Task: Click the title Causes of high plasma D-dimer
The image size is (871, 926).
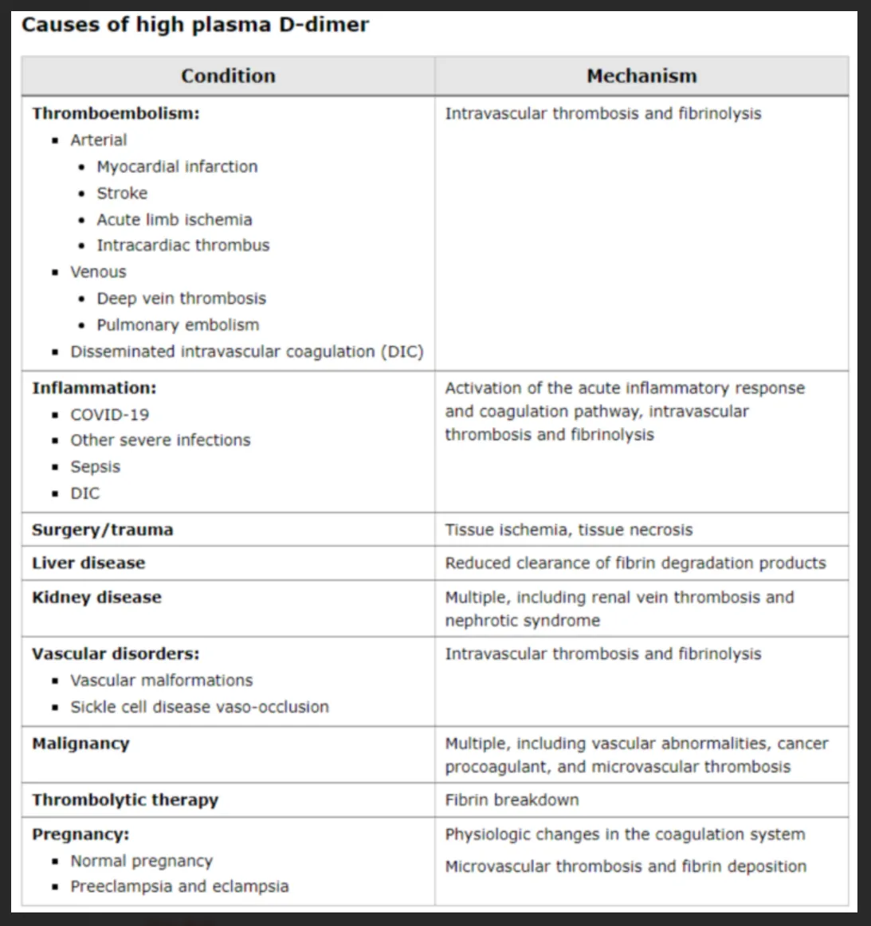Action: pyautogui.click(x=195, y=25)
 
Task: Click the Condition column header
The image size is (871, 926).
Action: pyautogui.click(x=228, y=77)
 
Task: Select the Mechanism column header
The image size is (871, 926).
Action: pyautogui.click(x=641, y=77)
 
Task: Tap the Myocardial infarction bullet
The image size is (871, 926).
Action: pyautogui.click(x=177, y=167)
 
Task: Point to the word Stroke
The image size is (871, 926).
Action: pyautogui.click(x=122, y=194)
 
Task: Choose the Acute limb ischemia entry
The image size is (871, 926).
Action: pyautogui.click(x=175, y=220)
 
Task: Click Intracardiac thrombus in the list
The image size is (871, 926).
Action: pyautogui.click(x=183, y=245)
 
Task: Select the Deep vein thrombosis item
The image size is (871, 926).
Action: pyautogui.click(x=182, y=299)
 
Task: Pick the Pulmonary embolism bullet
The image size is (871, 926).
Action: pyautogui.click(x=178, y=325)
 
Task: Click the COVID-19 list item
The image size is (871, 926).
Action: pyautogui.click(x=109, y=415)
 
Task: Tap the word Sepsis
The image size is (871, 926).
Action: pyautogui.click(x=96, y=467)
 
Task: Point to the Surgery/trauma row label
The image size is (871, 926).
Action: pyautogui.click(x=102, y=530)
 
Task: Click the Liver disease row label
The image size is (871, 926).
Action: pyautogui.click(x=88, y=563)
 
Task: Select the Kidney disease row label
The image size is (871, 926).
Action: pyautogui.click(x=96, y=598)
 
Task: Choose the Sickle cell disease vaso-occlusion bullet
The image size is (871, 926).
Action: pyautogui.click(x=199, y=707)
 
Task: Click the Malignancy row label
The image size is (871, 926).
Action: pyautogui.click(x=80, y=744)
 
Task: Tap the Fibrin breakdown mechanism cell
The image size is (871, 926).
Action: pyautogui.click(x=512, y=800)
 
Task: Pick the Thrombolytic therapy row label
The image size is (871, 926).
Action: pyautogui.click(x=125, y=800)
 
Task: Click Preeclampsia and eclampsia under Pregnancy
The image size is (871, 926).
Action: pyautogui.click(x=179, y=886)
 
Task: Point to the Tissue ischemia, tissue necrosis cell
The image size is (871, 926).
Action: pyautogui.click(x=569, y=530)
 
